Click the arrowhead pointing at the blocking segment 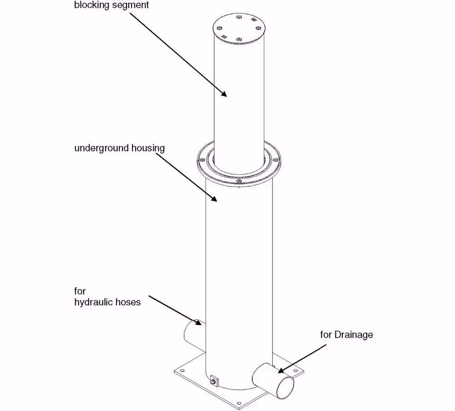pos(224,94)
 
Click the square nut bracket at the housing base pos(214,379)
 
